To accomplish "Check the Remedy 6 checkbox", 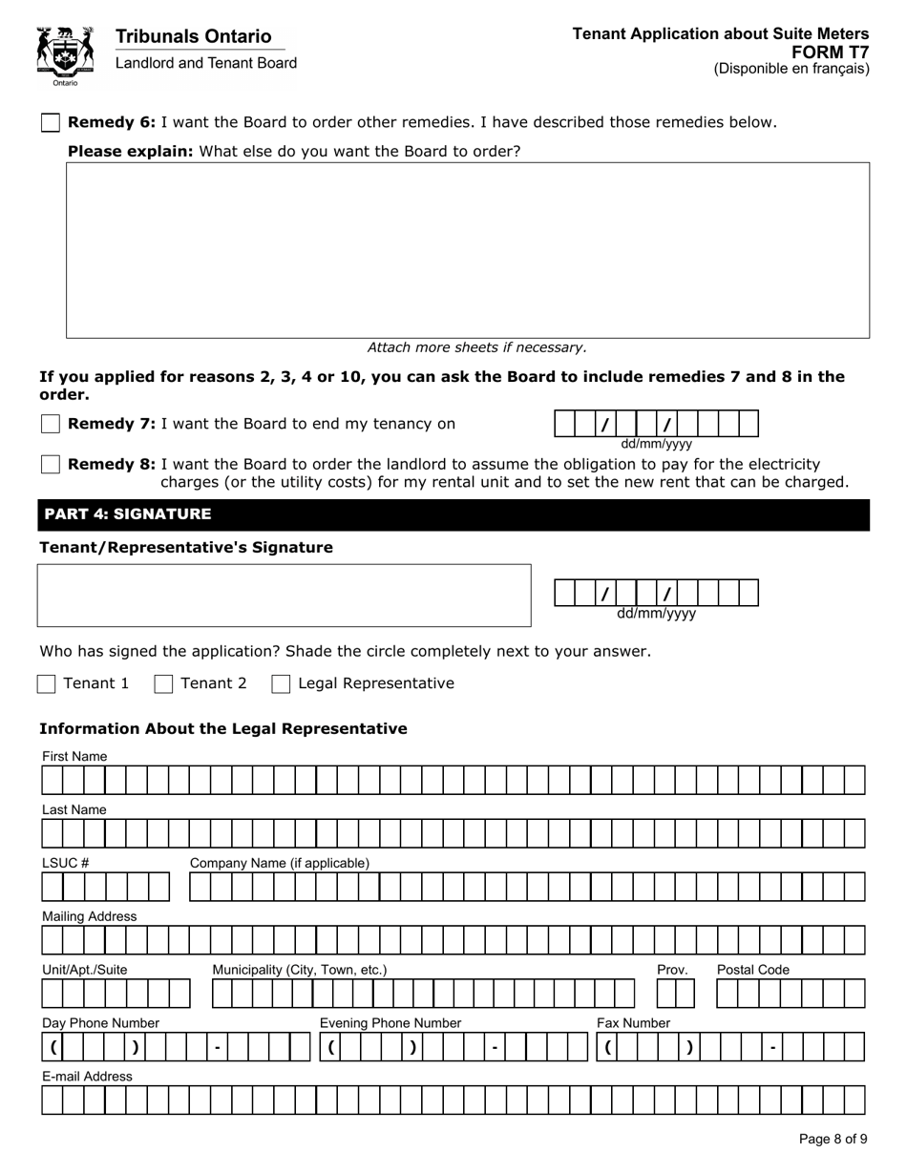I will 51,122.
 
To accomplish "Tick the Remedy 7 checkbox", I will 51,424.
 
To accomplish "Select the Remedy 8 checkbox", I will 51,464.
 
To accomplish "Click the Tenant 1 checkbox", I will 47,683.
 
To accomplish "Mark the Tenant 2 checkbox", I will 164,683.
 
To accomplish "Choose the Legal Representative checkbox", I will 281,683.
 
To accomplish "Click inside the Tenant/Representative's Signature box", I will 284,595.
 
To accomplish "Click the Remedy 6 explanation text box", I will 467,250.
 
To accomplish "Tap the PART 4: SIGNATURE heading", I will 128,514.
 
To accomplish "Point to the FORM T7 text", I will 836,52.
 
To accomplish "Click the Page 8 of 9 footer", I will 833,1139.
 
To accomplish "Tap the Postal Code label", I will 753,970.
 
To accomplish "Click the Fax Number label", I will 633,1023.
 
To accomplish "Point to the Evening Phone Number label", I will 390,1023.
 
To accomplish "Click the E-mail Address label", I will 87,1076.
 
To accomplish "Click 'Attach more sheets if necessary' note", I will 476,347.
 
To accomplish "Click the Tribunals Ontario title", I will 193,36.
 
